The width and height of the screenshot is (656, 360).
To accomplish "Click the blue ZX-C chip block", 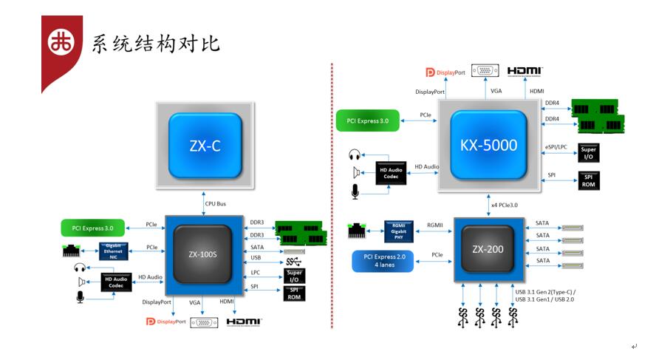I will click(x=205, y=146).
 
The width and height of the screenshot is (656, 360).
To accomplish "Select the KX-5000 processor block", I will click(x=489, y=146).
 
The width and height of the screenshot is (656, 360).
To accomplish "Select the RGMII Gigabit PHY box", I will click(x=400, y=230).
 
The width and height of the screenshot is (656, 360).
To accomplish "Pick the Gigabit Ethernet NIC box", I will click(x=113, y=251).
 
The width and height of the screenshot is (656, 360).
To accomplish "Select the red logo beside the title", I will click(x=61, y=43).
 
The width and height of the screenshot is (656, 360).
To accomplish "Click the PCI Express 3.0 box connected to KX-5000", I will click(x=367, y=120).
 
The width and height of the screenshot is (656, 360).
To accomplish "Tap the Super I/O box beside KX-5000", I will click(x=588, y=153).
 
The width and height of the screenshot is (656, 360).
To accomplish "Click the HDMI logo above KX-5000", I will click(x=525, y=71).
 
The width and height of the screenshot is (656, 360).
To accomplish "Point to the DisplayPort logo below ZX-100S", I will click(x=163, y=322).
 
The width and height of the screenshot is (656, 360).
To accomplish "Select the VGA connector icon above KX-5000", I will click(x=485, y=71).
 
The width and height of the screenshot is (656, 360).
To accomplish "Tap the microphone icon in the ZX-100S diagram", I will click(x=79, y=296).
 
